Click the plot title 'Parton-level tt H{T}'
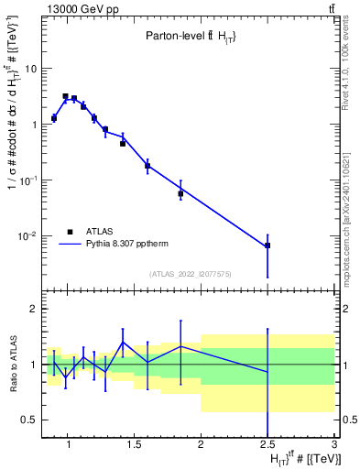click(x=191, y=36)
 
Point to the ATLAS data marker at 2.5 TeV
click(x=267, y=245)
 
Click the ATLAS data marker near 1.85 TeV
click(x=180, y=193)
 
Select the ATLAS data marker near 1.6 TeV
click(x=147, y=166)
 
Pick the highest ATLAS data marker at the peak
click(x=65, y=96)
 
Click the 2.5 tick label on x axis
click(x=267, y=446)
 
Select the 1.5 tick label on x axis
click(x=134, y=446)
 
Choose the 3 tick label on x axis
click(x=334, y=446)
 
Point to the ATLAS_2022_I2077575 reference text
click(x=190, y=273)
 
